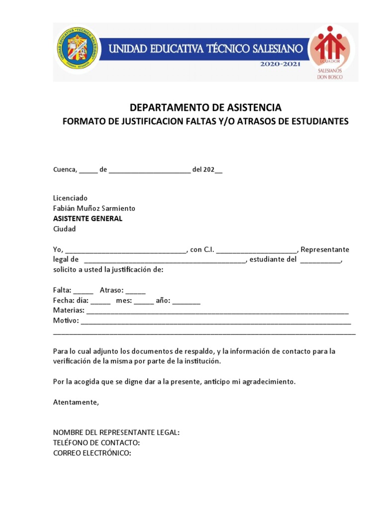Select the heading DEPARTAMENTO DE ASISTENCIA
tap(205, 107)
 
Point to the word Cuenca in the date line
tap(65, 170)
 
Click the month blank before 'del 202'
tap(149, 170)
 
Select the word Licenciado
tap(70, 198)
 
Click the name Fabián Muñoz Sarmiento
tap(94, 208)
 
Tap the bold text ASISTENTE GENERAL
tap(88, 219)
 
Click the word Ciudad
tap(65, 229)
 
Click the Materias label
tap(68, 311)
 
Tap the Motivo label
tap(66, 321)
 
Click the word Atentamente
tap(76, 402)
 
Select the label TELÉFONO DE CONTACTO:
tap(96, 442)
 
